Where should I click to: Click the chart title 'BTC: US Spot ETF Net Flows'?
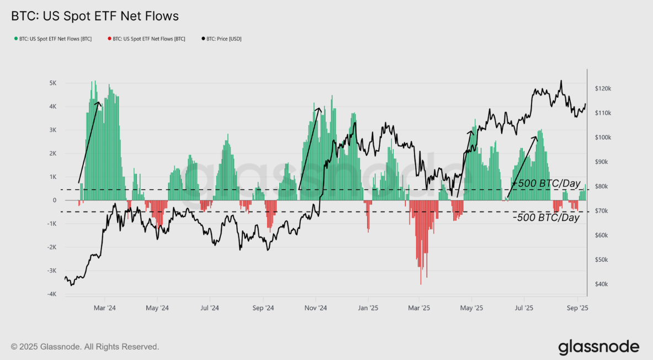click(x=95, y=17)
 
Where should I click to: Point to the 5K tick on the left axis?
click(x=53, y=83)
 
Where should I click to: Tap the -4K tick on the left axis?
click(x=52, y=294)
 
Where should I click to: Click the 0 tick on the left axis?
click(x=55, y=200)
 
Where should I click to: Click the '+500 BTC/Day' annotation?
click(x=546, y=183)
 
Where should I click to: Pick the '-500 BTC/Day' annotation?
click(x=546, y=218)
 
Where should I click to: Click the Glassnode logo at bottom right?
click(x=598, y=347)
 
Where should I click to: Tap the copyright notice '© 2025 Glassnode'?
click(x=85, y=347)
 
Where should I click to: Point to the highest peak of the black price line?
click(x=561, y=81)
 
